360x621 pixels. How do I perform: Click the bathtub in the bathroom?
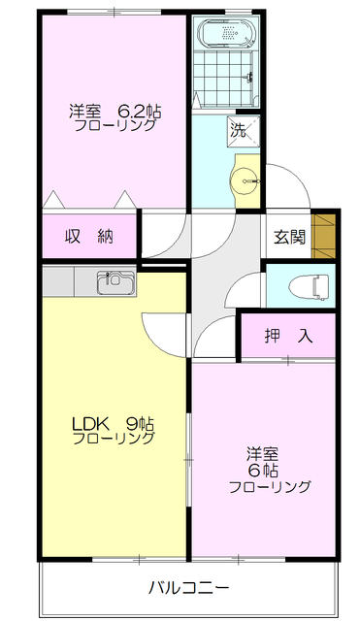click(225, 35)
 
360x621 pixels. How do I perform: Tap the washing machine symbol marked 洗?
click(239, 127)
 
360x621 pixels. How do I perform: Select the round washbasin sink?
click(245, 180)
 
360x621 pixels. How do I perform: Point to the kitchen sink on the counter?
click(114, 283)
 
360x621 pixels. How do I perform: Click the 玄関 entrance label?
click(289, 235)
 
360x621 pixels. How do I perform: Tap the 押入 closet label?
click(289, 336)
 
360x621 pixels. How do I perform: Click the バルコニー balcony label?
click(188, 587)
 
